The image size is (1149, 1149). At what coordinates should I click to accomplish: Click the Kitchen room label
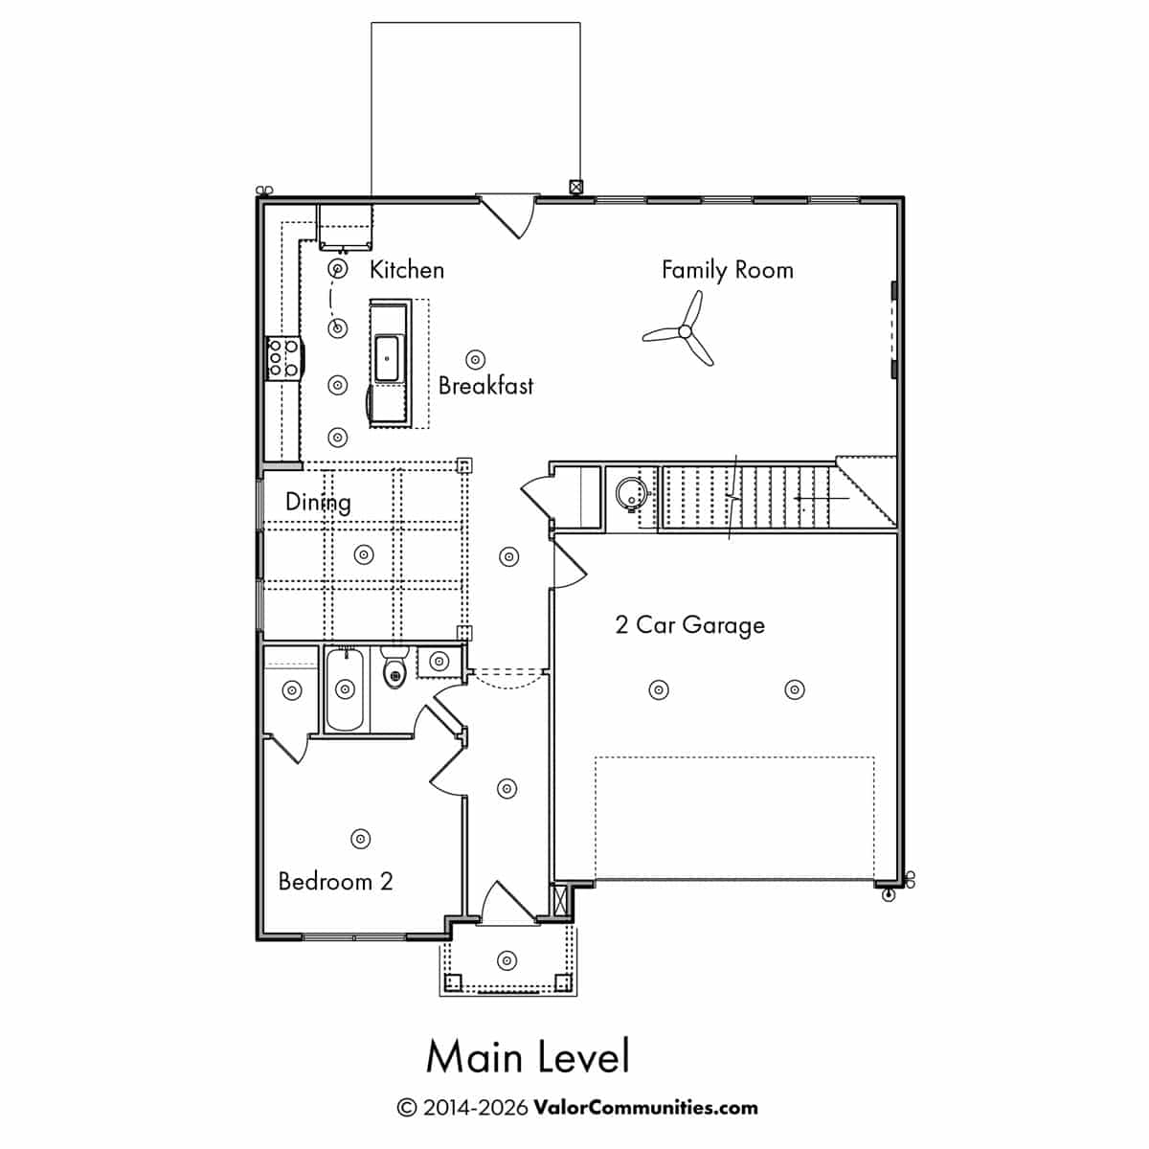click(407, 270)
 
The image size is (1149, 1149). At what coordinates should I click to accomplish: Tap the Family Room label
click(728, 270)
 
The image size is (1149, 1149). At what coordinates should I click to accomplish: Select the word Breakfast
click(485, 386)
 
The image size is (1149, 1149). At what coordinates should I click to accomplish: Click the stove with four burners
click(284, 358)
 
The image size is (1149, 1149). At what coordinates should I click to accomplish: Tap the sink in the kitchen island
click(387, 358)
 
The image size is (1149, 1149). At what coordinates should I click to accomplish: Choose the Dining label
click(318, 502)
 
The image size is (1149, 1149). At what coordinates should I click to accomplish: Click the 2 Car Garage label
click(689, 625)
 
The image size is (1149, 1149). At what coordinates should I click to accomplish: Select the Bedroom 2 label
click(335, 881)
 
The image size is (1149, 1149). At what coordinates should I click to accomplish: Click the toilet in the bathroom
click(394, 667)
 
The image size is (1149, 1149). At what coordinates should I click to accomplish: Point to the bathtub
click(346, 689)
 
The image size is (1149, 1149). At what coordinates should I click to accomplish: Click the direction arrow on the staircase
click(821, 498)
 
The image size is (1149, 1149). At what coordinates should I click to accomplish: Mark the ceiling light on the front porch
click(507, 960)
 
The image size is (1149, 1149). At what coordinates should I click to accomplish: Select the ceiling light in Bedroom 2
click(360, 839)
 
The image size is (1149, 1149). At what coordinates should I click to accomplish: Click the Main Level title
click(527, 1056)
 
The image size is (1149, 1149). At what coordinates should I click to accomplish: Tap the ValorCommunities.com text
click(645, 1108)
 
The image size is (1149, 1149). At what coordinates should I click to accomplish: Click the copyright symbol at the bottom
click(406, 1109)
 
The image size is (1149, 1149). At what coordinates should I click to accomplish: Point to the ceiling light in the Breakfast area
click(475, 360)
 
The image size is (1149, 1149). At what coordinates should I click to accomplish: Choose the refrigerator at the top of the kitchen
click(345, 227)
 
